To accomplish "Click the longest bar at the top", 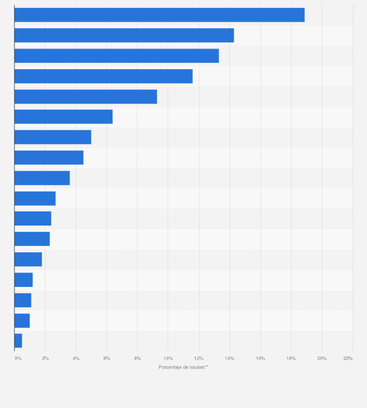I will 159,15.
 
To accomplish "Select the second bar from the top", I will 124,35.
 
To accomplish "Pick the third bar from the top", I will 116,56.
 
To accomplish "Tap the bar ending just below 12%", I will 103,76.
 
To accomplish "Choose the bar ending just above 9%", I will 86,97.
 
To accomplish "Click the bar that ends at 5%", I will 53,137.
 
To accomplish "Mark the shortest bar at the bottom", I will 18,341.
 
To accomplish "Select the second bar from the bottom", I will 22,320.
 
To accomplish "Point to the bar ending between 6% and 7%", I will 63,117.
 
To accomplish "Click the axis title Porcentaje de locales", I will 183,367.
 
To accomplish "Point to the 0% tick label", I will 18,358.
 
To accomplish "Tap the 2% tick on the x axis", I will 45,358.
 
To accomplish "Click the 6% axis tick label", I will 107,358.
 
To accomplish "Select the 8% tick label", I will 137,358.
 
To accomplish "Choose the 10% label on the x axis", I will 168,358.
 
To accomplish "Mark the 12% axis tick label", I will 199,358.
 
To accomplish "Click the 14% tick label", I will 230,358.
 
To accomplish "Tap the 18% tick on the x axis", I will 291,358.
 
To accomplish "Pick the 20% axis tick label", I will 322,358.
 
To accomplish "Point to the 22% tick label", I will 348,358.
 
